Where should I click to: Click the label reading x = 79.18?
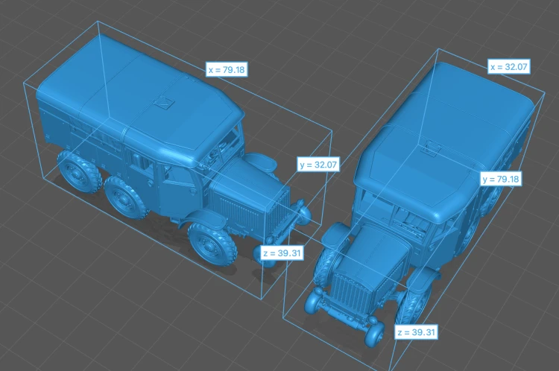[x=227, y=69]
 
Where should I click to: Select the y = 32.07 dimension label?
[x=318, y=165]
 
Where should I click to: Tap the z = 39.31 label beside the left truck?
[x=282, y=253]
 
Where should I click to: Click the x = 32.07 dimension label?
[x=509, y=66]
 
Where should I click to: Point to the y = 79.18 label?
[x=501, y=179]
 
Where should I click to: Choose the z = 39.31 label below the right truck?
[x=416, y=332]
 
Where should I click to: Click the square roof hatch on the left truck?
[x=164, y=104]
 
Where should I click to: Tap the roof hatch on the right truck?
[x=431, y=148]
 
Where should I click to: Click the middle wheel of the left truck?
[x=126, y=198]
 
